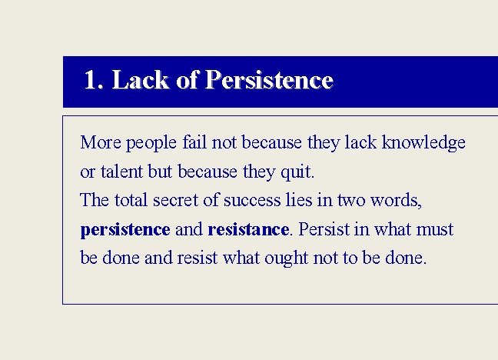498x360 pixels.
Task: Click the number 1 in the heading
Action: pos(91,81)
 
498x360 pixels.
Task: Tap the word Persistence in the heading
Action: pos(270,81)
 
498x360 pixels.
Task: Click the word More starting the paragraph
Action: pos(101,143)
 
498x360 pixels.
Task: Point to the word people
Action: pos(152,143)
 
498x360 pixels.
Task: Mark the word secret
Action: pos(182,201)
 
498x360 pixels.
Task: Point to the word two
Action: pos(354,201)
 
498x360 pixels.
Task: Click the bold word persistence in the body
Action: pos(124,229)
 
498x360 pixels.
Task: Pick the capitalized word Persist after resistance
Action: pos(321,229)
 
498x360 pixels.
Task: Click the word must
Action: pos(434,229)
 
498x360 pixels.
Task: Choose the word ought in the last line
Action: pos(285,258)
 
